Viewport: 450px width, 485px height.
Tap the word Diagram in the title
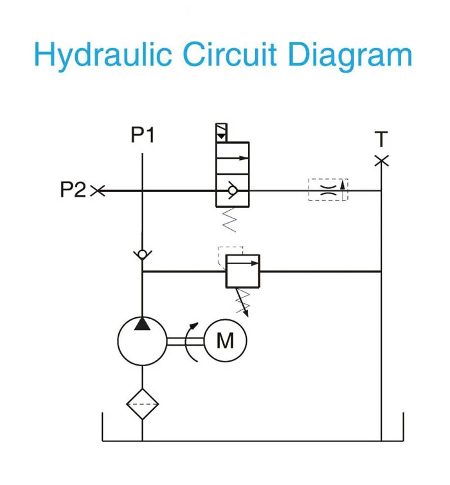coord(350,55)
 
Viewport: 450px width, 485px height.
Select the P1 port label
coord(143,136)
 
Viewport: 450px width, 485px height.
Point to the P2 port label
coord(73,190)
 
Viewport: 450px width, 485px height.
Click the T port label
coord(381,139)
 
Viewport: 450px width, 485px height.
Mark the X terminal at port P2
coord(98,190)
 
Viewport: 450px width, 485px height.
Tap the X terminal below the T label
coord(381,160)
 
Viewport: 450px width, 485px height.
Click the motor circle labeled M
coord(225,340)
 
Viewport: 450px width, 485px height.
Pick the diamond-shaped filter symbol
coord(142,404)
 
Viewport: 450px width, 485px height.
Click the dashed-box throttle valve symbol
coord(328,190)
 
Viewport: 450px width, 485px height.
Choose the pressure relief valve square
coord(242,271)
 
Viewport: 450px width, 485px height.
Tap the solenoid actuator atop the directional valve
coord(221,133)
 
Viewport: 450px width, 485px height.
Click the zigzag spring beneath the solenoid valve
coord(228,219)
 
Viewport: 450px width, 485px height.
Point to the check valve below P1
coord(142,254)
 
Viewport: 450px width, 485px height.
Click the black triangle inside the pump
coord(142,323)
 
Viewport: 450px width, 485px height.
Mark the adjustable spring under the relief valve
coord(243,301)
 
